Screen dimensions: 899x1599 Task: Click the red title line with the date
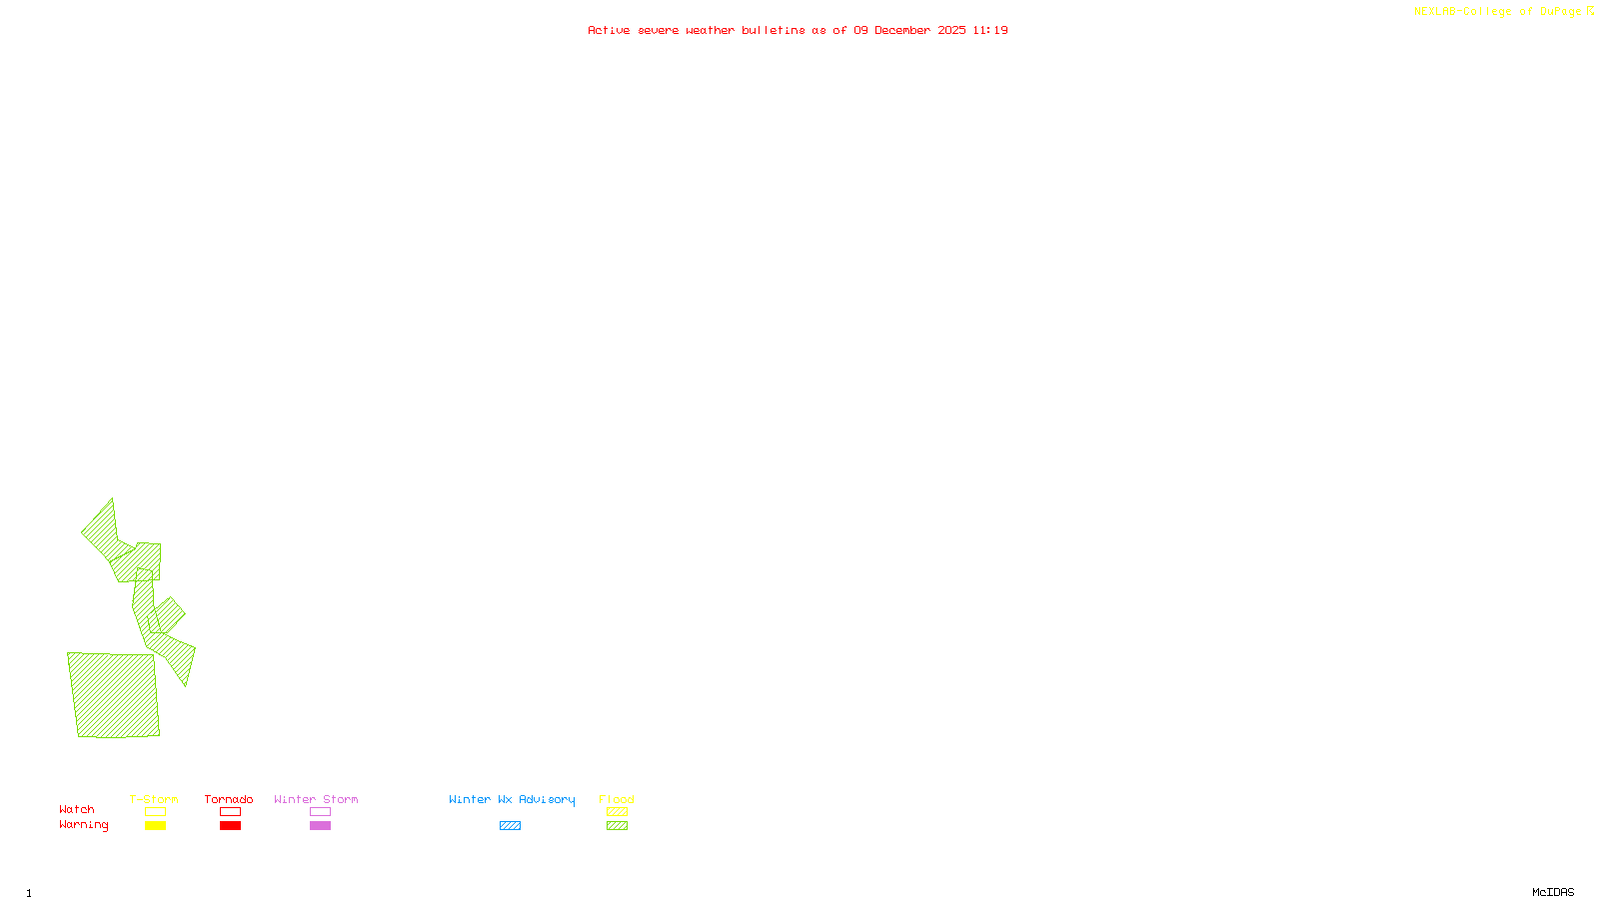798,31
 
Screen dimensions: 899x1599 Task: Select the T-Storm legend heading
154,799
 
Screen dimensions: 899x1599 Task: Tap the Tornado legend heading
229,799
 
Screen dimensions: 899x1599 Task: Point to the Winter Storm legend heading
316,799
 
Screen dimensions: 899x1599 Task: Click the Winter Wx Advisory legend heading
512,799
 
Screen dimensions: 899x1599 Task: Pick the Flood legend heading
617,799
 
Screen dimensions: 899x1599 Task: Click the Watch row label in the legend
77,809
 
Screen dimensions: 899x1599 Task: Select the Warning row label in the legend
84,825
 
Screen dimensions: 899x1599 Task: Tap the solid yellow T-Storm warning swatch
155,826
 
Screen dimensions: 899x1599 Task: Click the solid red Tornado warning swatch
231,826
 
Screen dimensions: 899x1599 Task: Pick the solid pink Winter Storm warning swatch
320,826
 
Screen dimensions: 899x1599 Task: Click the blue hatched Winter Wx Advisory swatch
510,826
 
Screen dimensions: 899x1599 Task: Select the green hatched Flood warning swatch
618,826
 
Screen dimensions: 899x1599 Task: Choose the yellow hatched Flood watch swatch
618,812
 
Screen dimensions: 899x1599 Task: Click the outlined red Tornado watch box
231,812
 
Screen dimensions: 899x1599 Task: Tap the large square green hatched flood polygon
114,695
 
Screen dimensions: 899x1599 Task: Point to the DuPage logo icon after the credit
1590,11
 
